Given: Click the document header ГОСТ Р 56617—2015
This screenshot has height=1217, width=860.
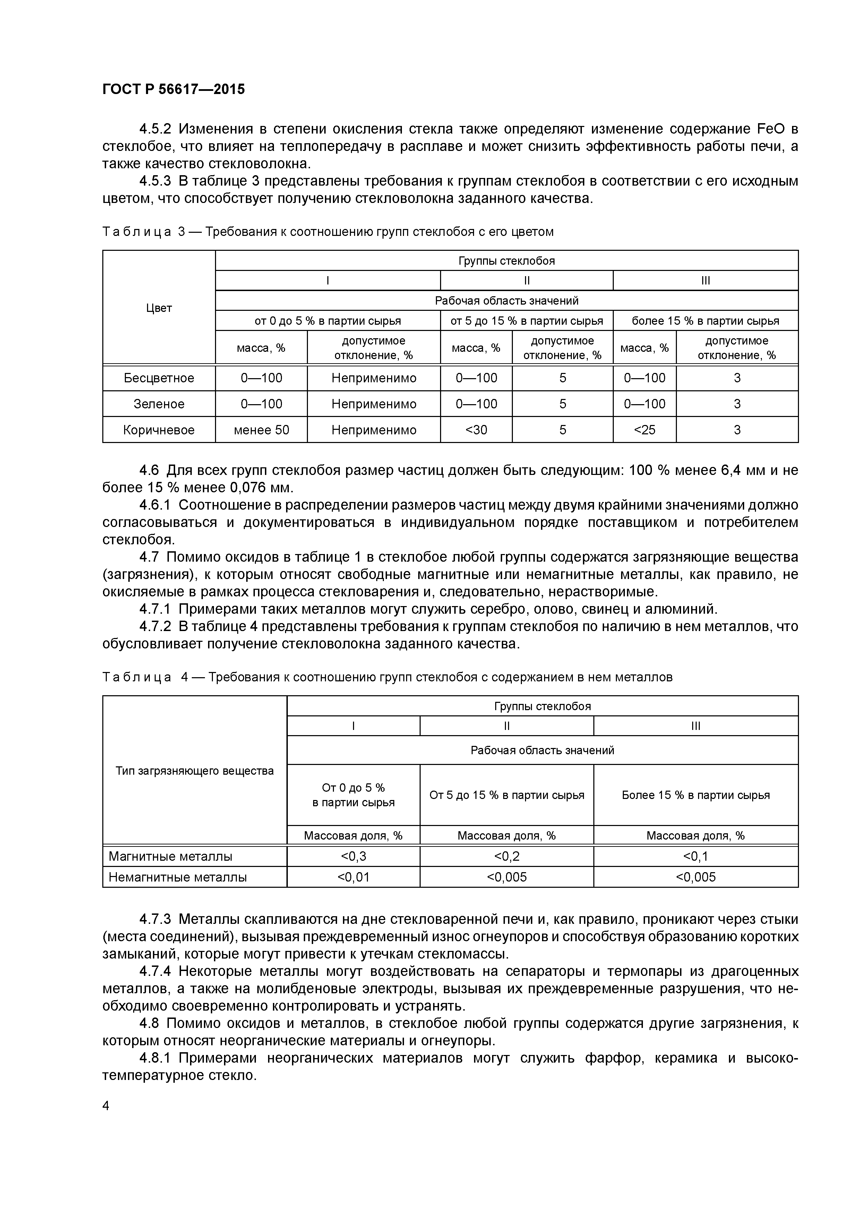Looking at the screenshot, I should (173, 90).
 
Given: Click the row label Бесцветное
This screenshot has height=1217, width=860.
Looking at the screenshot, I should (159, 378).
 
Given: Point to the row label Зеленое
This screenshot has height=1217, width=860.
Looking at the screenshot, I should (159, 404).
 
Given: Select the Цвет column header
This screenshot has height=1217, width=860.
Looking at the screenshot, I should (159, 308).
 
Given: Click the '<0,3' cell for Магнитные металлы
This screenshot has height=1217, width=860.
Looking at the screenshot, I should (353, 856).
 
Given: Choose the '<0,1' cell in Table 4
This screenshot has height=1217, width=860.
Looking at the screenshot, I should (695, 856).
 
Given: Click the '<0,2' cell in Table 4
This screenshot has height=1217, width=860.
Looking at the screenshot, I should (507, 856).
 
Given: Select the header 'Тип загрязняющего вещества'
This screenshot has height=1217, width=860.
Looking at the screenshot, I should (195, 771).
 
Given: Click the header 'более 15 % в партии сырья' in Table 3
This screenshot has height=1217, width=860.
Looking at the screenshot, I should (705, 321).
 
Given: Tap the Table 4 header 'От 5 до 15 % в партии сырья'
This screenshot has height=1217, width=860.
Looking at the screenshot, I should (507, 795).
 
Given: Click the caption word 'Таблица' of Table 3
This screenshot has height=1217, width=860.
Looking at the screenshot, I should (137, 232).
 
